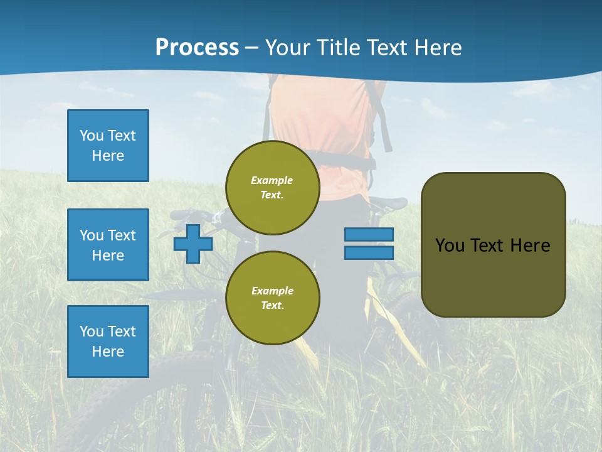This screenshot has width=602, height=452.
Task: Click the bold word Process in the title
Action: (x=197, y=47)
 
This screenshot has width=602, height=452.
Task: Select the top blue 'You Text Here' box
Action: (x=108, y=146)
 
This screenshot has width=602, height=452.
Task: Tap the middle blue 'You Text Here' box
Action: (x=108, y=245)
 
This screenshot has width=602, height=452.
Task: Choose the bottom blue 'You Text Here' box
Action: (x=108, y=342)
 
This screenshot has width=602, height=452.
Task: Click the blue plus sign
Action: (x=193, y=244)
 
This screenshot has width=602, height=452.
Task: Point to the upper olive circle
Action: (x=273, y=188)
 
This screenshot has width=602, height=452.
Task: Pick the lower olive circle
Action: (x=273, y=298)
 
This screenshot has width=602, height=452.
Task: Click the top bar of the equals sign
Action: (x=369, y=235)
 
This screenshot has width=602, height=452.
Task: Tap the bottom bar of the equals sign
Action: (x=369, y=253)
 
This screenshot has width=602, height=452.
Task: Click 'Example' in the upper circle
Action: (x=272, y=180)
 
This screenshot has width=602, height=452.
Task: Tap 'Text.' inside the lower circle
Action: (x=272, y=306)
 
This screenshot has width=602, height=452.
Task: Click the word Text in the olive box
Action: (x=487, y=245)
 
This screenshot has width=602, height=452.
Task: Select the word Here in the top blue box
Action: (x=108, y=156)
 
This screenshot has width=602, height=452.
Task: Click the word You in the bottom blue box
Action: (x=91, y=331)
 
